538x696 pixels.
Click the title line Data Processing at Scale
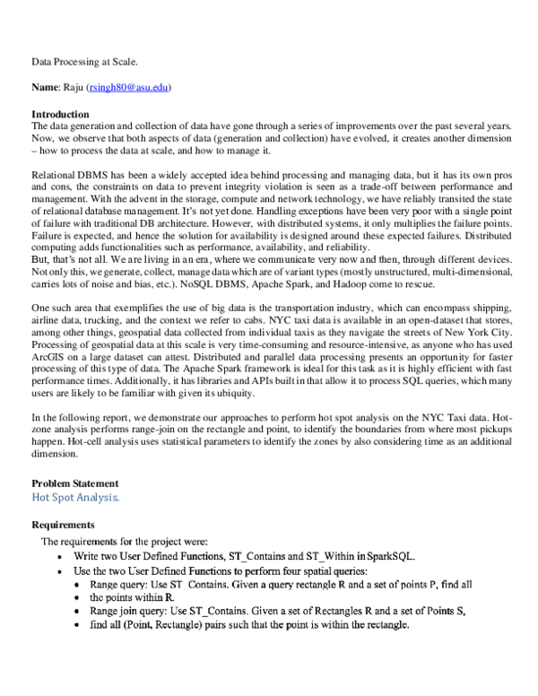(x=85, y=63)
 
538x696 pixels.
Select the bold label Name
(x=45, y=88)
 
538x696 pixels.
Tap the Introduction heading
(x=60, y=115)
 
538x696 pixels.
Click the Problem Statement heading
(x=74, y=483)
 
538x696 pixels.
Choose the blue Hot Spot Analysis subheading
(x=74, y=497)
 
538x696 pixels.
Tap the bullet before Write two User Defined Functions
(x=59, y=556)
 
